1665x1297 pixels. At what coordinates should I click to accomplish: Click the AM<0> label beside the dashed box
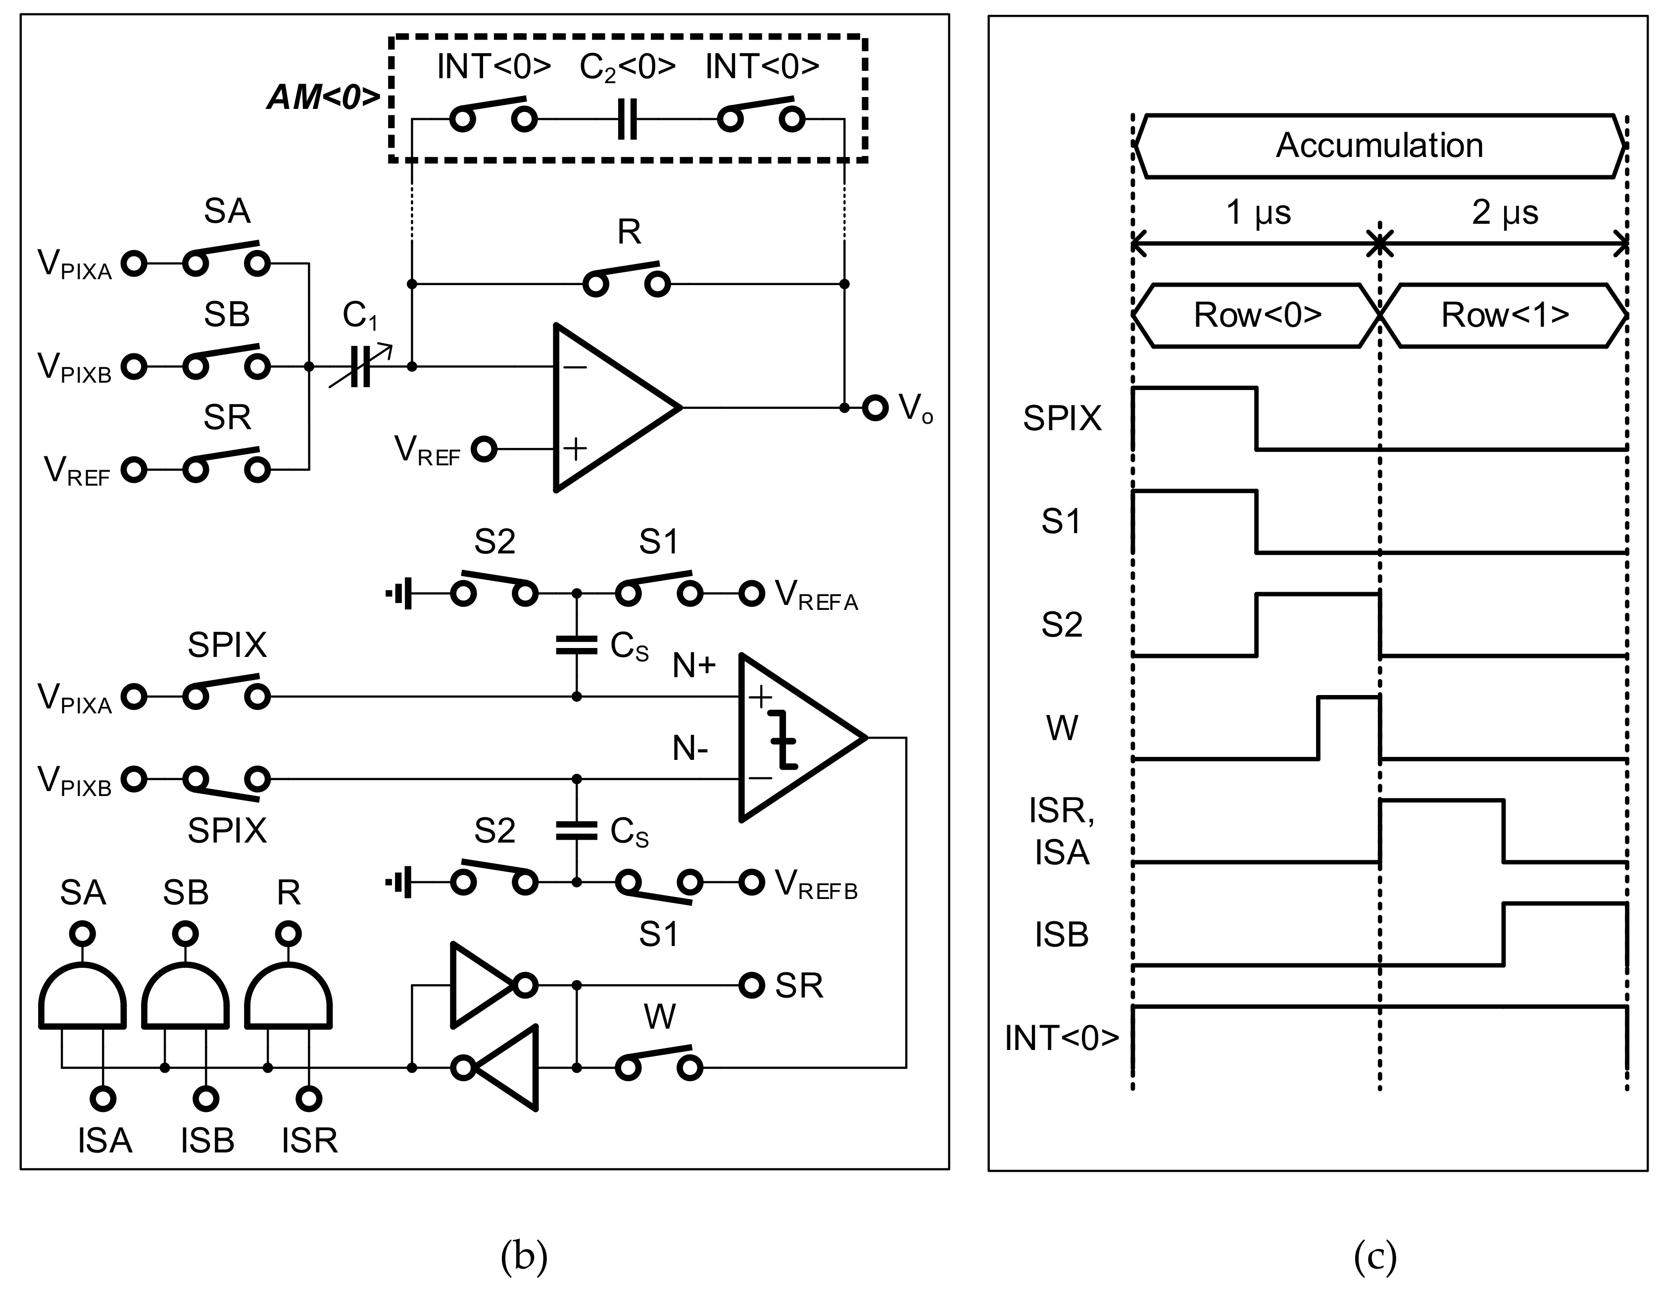[324, 97]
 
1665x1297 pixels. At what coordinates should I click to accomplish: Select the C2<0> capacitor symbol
[627, 120]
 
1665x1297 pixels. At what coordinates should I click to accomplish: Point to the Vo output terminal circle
[875, 408]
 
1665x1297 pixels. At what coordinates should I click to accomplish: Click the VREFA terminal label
[816, 595]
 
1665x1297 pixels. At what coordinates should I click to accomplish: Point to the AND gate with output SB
[185, 995]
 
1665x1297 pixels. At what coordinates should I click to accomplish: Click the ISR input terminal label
[309, 1141]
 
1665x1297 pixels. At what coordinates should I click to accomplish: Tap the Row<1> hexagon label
[1504, 315]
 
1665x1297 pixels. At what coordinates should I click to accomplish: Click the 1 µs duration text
[1258, 212]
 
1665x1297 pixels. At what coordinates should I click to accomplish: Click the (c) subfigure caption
[1374, 1254]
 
